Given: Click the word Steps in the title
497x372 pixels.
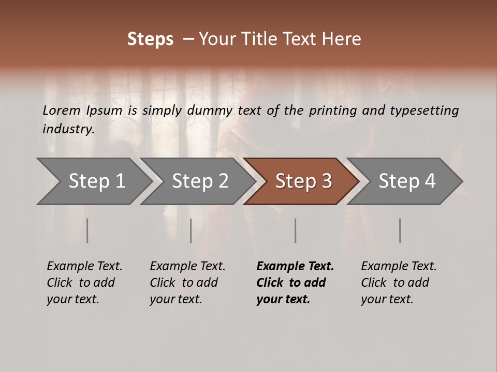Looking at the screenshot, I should pyautogui.click(x=150, y=39).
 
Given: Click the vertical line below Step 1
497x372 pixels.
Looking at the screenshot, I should pyautogui.click(x=87, y=230).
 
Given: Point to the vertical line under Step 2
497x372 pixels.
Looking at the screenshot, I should pyautogui.click(x=191, y=230).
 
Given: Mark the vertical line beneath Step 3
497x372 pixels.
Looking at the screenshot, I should pyautogui.click(x=296, y=230).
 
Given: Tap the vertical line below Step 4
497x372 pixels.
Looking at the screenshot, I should pyautogui.click(x=400, y=230).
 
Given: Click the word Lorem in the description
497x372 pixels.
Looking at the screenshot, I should pyautogui.click(x=62, y=111).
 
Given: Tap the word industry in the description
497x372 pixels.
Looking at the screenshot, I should pyautogui.click(x=67, y=129).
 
